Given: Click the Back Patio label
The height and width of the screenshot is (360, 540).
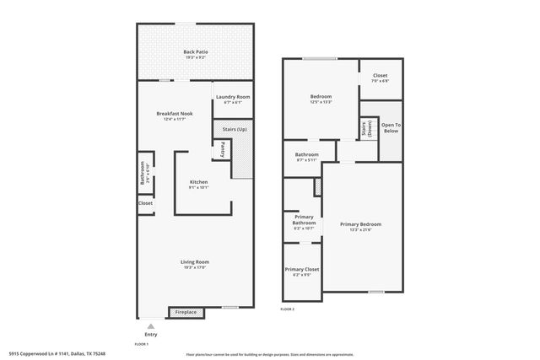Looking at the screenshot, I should click(x=196, y=52).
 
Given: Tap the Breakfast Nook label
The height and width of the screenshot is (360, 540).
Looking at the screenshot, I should click(x=175, y=114).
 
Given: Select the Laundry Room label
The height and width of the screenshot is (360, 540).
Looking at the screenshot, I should click(x=232, y=97).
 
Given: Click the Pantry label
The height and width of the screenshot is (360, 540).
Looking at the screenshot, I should click(x=222, y=149).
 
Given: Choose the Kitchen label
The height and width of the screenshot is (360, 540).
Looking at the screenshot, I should click(x=198, y=182).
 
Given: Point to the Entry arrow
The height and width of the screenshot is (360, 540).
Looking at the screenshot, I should click(x=150, y=325).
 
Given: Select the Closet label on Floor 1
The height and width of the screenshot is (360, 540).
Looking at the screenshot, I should click(x=145, y=203).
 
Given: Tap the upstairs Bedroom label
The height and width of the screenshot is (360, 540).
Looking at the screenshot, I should click(x=320, y=97).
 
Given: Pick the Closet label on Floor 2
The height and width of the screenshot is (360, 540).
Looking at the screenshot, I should click(x=380, y=75).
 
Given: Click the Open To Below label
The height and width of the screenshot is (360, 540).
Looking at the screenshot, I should click(x=390, y=127).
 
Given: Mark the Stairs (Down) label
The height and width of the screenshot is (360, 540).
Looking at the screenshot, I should click(x=366, y=129).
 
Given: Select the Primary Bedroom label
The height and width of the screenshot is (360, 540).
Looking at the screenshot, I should click(x=361, y=224).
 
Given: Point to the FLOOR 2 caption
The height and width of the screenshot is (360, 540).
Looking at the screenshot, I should click(x=288, y=309).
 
